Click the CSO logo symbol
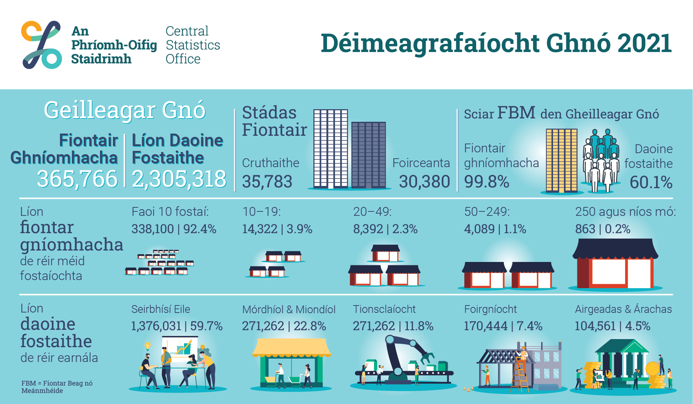point(42,45)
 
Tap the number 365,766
point(77,179)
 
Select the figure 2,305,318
point(179,179)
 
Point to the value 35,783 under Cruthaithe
point(267,182)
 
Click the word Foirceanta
point(421,163)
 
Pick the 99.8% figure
point(487,182)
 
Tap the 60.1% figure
point(651,182)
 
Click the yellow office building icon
point(561,160)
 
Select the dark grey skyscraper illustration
point(369,155)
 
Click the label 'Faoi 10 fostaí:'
point(170,212)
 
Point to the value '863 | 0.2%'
point(603,229)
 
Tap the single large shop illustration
point(615,263)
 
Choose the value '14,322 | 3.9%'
point(277,229)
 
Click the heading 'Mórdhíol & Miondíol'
point(289,310)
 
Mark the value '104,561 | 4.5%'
point(612,326)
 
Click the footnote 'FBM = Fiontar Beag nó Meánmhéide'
point(57,387)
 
